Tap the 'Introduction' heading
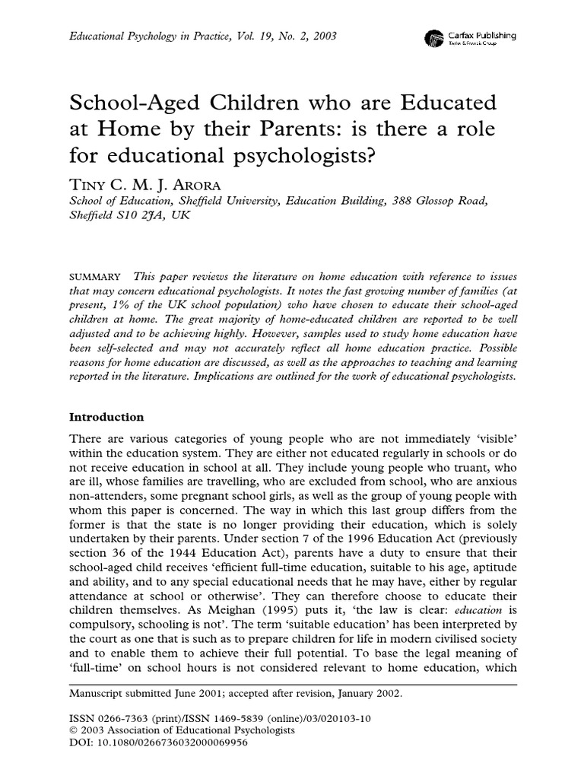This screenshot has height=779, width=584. coord(106,417)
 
